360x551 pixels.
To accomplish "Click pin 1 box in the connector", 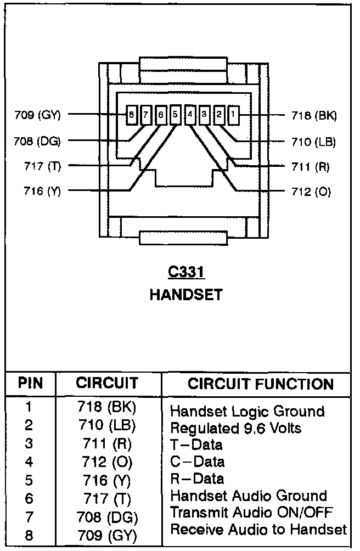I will point(233,115).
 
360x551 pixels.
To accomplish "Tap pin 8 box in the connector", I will point(132,115).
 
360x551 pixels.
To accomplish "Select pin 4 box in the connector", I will point(190,115).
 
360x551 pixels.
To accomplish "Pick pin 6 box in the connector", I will point(161,115).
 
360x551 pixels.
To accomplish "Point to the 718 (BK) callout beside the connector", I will point(314,115).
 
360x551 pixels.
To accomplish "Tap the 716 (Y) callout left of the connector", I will point(43,191).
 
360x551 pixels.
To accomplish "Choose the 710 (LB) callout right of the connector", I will point(313,142).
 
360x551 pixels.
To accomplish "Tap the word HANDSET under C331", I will point(186,295).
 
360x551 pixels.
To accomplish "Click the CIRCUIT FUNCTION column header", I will point(261,384).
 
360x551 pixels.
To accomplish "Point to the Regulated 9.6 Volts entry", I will point(236,428).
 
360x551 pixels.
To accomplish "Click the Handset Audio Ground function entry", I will point(249,496).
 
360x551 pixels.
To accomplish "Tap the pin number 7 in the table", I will point(29,516).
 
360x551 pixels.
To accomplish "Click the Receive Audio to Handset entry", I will point(258,530).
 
